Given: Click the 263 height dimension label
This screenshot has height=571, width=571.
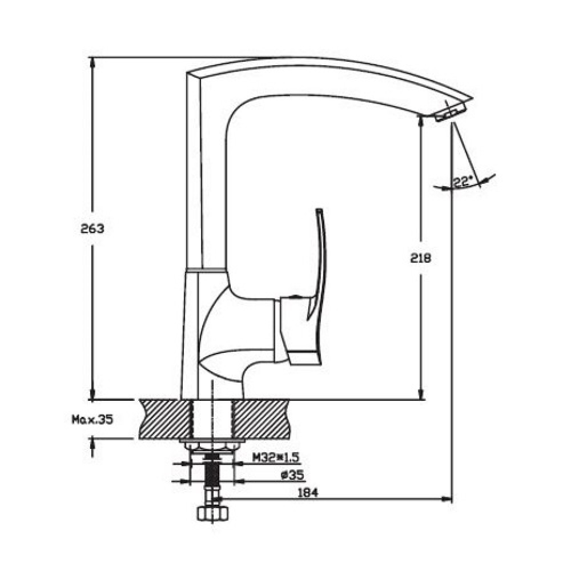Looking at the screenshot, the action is coord(92,229).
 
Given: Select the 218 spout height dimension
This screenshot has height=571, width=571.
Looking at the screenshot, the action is coord(421,258).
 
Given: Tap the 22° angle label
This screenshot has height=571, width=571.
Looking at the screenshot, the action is coord(463,182).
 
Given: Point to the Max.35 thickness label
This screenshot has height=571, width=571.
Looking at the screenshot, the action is coord(93,419).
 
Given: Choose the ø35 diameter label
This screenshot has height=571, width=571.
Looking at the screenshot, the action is coord(292,475).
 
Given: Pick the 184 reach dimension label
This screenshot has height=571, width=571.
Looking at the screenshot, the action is coord(308,493).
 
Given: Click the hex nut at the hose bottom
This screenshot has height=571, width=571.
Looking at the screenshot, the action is coord(213,514).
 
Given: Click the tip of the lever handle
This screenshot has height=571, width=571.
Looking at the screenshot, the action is coord(319,210).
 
